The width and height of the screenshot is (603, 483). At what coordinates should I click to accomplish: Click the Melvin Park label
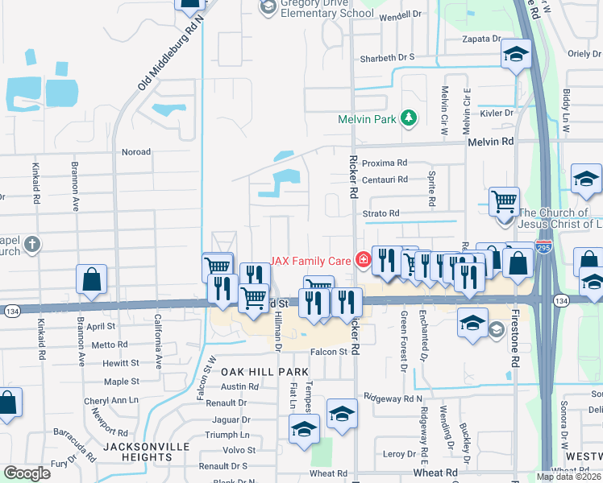click(x=368, y=119)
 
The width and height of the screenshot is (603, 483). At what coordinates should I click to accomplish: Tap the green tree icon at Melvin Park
click(x=409, y=119)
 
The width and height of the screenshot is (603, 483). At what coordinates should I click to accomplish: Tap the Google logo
click(x=27, y=473)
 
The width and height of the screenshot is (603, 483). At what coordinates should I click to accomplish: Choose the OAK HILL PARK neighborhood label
click(x=265, y=372)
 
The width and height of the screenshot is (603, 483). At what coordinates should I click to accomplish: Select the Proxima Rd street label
click(x=385, y=163)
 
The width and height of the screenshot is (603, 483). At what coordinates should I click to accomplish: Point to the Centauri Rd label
click(x=385, y=180)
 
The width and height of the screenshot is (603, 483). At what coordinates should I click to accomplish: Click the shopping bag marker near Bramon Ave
click(x=93, y=280)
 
